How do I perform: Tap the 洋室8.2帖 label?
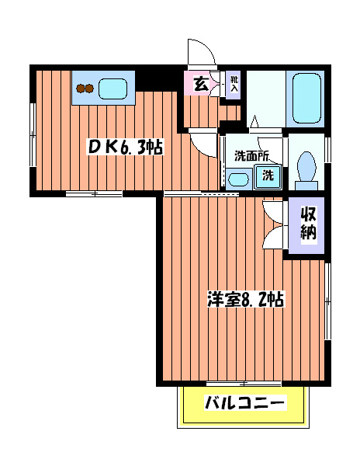244,299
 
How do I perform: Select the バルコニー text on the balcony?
245,403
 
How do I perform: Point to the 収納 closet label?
309,224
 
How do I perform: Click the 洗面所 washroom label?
252,155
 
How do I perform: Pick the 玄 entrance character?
199,83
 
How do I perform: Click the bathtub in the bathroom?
306,98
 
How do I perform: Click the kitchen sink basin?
112,88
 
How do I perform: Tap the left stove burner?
80,89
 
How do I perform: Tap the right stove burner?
90,89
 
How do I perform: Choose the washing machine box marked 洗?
266,176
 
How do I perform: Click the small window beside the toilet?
327,153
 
